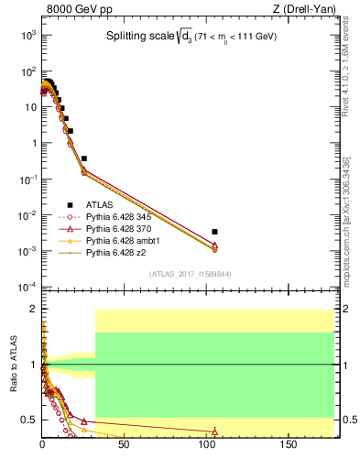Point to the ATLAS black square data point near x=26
click(x=84, y=158)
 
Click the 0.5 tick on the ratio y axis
click(x=29, y=420)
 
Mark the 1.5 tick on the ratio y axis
click(x=29, y=336)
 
